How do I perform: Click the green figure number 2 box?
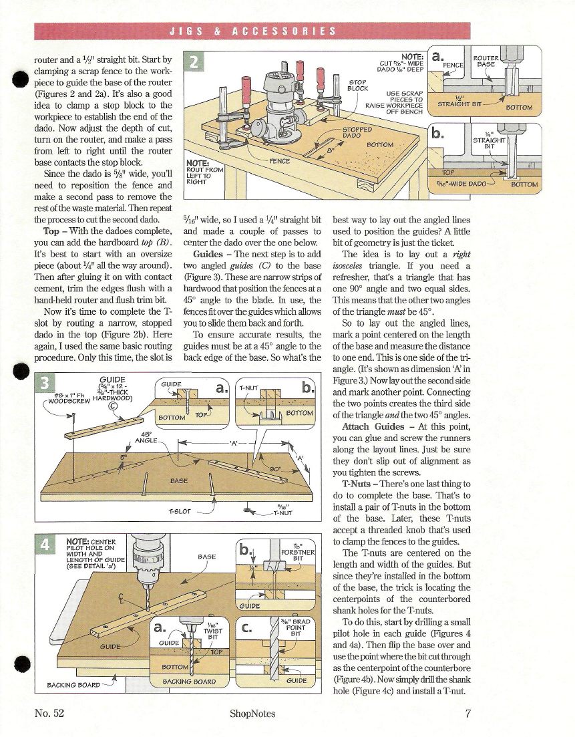click(194, 63)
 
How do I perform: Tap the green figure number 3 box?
click(45, 383)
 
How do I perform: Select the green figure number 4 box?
click(45, 544)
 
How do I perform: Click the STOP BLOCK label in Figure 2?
click(358, 85)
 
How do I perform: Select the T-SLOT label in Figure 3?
click(180, 512)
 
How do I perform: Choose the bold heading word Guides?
click(208, 255)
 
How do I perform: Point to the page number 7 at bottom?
click(468, 714)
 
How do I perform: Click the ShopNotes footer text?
click(252, 714)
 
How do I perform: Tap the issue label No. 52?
click(49, 714)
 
